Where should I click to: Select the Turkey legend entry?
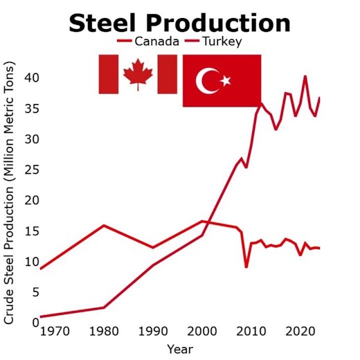point(221,42)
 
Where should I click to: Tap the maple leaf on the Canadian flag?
point(137,74)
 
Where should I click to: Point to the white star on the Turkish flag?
point(225,81)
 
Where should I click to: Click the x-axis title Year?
point(179,349)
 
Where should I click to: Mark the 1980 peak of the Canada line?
point(104,225)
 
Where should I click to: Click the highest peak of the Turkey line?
point(305,76)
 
